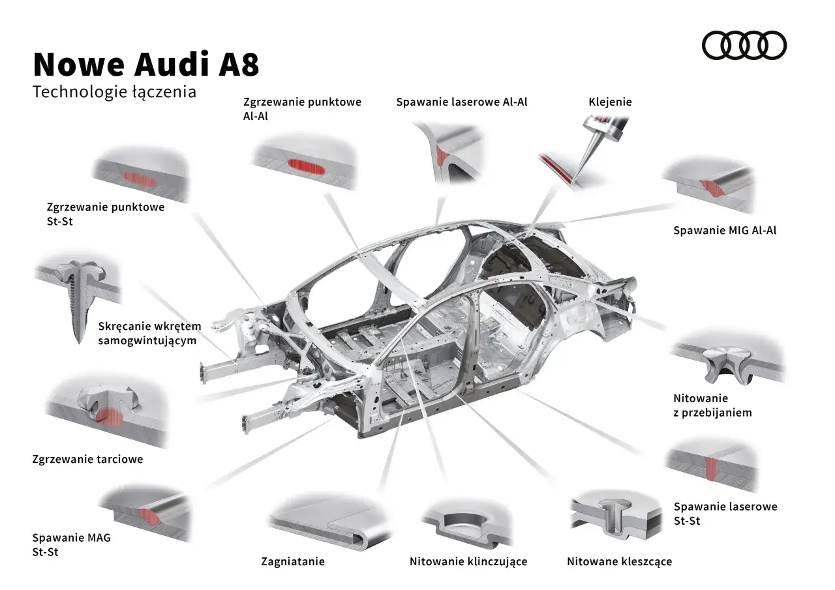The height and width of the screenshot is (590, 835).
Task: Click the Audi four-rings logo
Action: coord(744,46)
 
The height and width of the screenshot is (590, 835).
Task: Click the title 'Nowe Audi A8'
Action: coord(145,65)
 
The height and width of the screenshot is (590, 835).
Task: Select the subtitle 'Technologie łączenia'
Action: coord(114,92)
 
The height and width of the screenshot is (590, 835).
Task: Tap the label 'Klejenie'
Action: coord(610,102)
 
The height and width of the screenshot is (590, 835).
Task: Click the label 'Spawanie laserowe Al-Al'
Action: coord(461,102)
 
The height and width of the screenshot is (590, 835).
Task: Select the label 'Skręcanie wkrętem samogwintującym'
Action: coord(149,332)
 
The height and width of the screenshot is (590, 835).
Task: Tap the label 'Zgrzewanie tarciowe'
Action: coord(87,459)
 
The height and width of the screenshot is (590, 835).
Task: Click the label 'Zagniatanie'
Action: coord(292,561)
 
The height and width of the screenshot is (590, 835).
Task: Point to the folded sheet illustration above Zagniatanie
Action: coord(329,522)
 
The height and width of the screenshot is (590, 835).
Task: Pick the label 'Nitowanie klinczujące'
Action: coord(468,561)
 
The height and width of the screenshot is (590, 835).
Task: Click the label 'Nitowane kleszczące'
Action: coord(618,561)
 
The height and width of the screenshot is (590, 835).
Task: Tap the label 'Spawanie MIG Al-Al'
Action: coord(724,230)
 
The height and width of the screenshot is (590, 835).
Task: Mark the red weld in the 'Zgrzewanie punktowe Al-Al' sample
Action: coord(306,168)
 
